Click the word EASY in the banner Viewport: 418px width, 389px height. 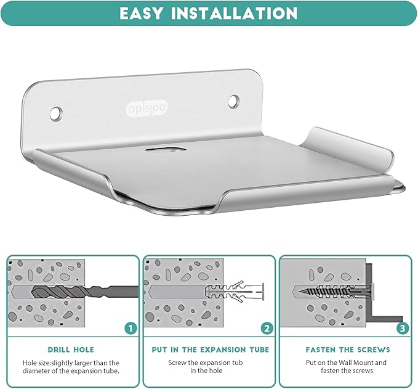click(141, 13)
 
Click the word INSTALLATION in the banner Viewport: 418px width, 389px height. click(234, 13)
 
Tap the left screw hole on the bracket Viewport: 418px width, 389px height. click(56, 113)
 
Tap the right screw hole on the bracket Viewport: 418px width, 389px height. click(233, 101)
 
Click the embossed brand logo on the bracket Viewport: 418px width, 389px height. click(147, 108)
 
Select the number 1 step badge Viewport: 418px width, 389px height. click(131, 328)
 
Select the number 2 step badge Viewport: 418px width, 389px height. click(267, 329)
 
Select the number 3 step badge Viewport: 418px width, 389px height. click(403, 328)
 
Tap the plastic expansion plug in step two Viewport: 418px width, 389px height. click(235, 291)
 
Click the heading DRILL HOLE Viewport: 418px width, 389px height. click(71, 350)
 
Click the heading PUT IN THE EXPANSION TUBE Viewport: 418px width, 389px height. click(211, 350)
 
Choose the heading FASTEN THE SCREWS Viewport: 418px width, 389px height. click(348, 350)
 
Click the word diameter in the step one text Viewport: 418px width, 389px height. click(37, 371)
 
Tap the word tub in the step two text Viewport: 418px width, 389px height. click(238, 362)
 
